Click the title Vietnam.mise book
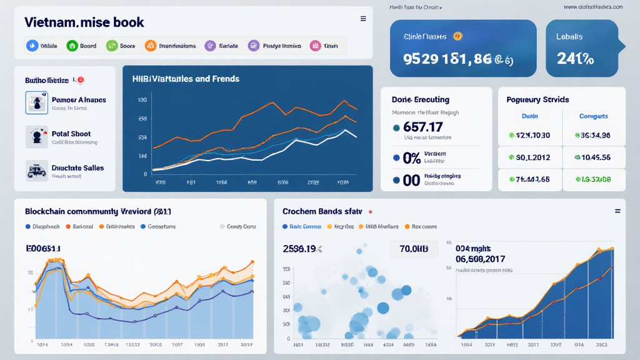click(x=84, y=22)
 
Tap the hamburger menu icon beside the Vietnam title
click(x=363, y=19)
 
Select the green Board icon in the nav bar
click(x=72, y=46)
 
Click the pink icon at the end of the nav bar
click(x=316, y=46)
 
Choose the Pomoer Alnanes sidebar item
click(x=78, y=100)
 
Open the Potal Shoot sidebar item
click(x=71, y=134)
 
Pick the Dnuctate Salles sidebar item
click(x=77, y=168)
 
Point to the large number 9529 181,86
click(x=448, y=59)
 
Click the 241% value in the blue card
click(x=574, y=59)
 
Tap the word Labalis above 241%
click(x=569, y=37)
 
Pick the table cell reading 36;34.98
click(x=595, y=135)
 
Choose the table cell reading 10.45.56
click(x=595, y=157)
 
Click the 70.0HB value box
click(x=414, y=249)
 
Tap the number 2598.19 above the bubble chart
click(x=299, y=249)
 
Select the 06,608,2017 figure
click(x=481, y=259)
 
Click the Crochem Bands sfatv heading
click(x=322, y=212)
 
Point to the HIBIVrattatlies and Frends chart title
click(x=186, y=79)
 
